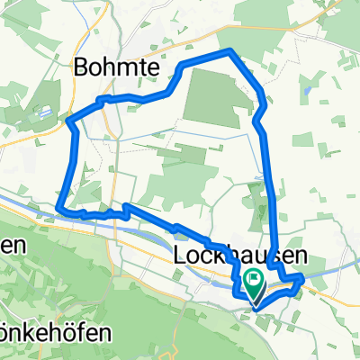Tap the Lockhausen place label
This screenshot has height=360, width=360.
click(x=238, y=257)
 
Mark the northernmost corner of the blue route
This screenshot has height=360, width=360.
click(x=230, y=50)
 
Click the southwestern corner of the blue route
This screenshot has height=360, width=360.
click(x=59, y=209)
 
